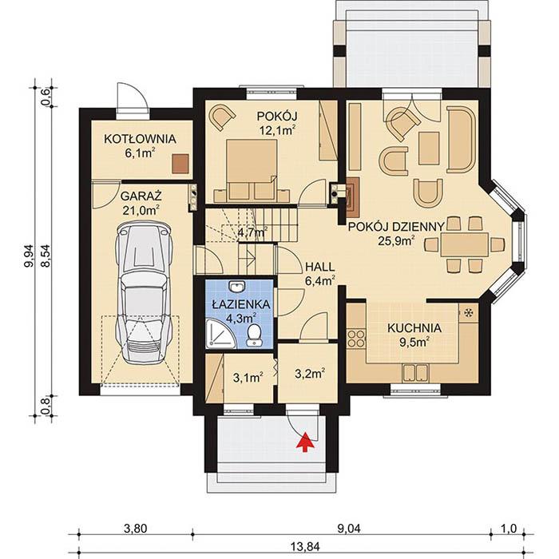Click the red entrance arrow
305,442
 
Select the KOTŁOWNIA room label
140,139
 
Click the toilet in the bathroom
254,335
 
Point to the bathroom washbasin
237,286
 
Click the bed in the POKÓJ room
252,170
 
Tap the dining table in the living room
465,244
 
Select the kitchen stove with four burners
356,339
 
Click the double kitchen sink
415,373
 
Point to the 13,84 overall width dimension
306,546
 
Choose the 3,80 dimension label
136,529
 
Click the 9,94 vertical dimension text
29,256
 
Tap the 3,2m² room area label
310,374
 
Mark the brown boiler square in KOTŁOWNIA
180,164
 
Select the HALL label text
319,267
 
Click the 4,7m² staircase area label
253,233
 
